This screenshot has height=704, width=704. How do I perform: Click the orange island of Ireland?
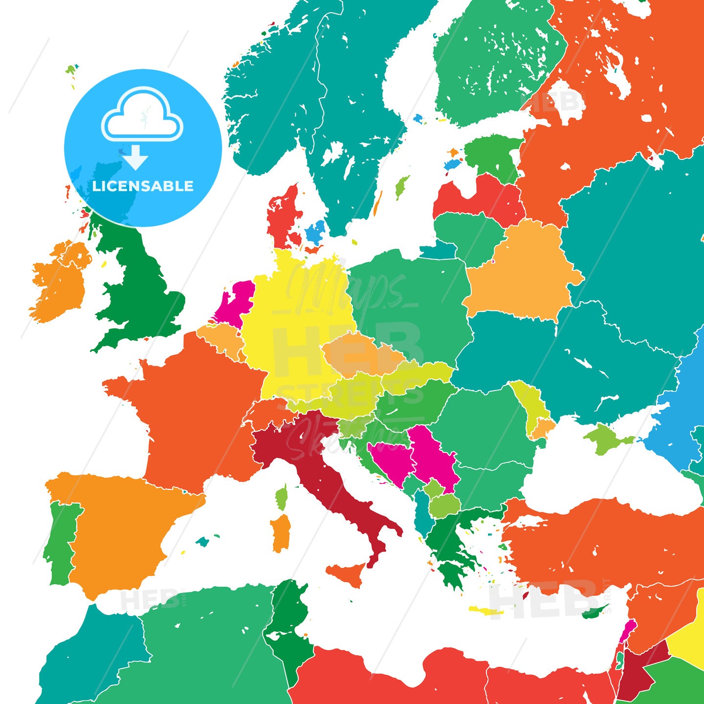pos(59,284)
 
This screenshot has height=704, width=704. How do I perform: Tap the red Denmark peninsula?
pos(281,215)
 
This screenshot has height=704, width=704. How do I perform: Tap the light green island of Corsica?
pos(282,497)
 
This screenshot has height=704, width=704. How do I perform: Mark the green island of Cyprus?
pos(594,612)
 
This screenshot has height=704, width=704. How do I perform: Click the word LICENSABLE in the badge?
pos(143,186)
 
